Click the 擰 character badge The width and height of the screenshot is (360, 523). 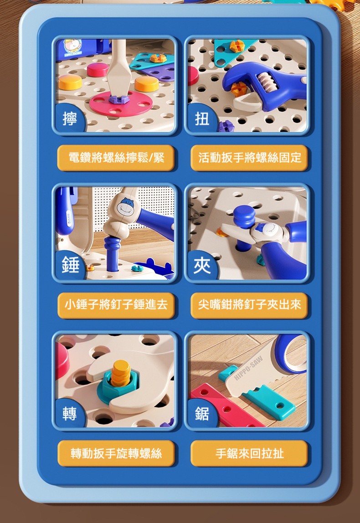(70, 119)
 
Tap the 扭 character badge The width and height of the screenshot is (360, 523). (202, 119)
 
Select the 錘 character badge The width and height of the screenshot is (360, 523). (70, 265)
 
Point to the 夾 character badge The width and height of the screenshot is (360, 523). (202, 265)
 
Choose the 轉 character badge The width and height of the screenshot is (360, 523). (70, 413)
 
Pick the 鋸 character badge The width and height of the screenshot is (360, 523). (202, 413)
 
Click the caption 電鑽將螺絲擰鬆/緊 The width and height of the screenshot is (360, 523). (116, 157)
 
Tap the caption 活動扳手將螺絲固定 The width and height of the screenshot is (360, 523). (249, 157)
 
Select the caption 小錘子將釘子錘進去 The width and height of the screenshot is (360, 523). (116, 305)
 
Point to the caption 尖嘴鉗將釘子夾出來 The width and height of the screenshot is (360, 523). (249, 305)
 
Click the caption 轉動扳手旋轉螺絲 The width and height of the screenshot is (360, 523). (116, 453)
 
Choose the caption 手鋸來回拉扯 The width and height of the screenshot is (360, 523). (249, 453)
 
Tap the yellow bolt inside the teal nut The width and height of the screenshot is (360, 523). (120, 373)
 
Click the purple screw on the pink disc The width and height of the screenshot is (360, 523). (118, 99)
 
